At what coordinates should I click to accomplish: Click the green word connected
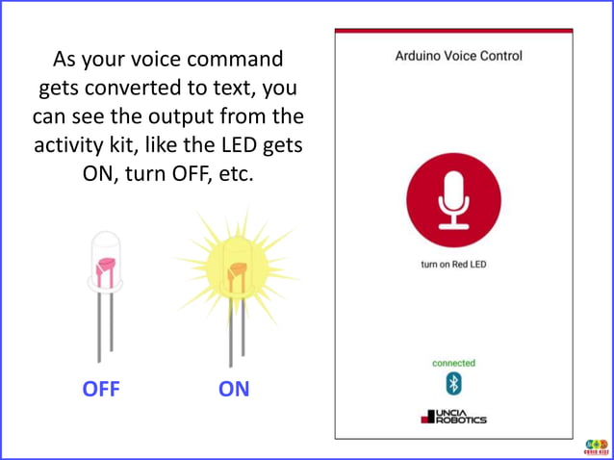point(453,364)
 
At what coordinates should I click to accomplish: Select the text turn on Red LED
point(453,265)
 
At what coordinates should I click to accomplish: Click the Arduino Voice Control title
point(459,57)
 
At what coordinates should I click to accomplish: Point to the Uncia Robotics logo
point(453,417)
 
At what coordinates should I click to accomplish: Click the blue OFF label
point(101,390)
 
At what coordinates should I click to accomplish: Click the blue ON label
point(234,390)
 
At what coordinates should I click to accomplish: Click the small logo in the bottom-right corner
point(596,446)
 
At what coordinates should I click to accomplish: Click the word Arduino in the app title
point(421,57)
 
